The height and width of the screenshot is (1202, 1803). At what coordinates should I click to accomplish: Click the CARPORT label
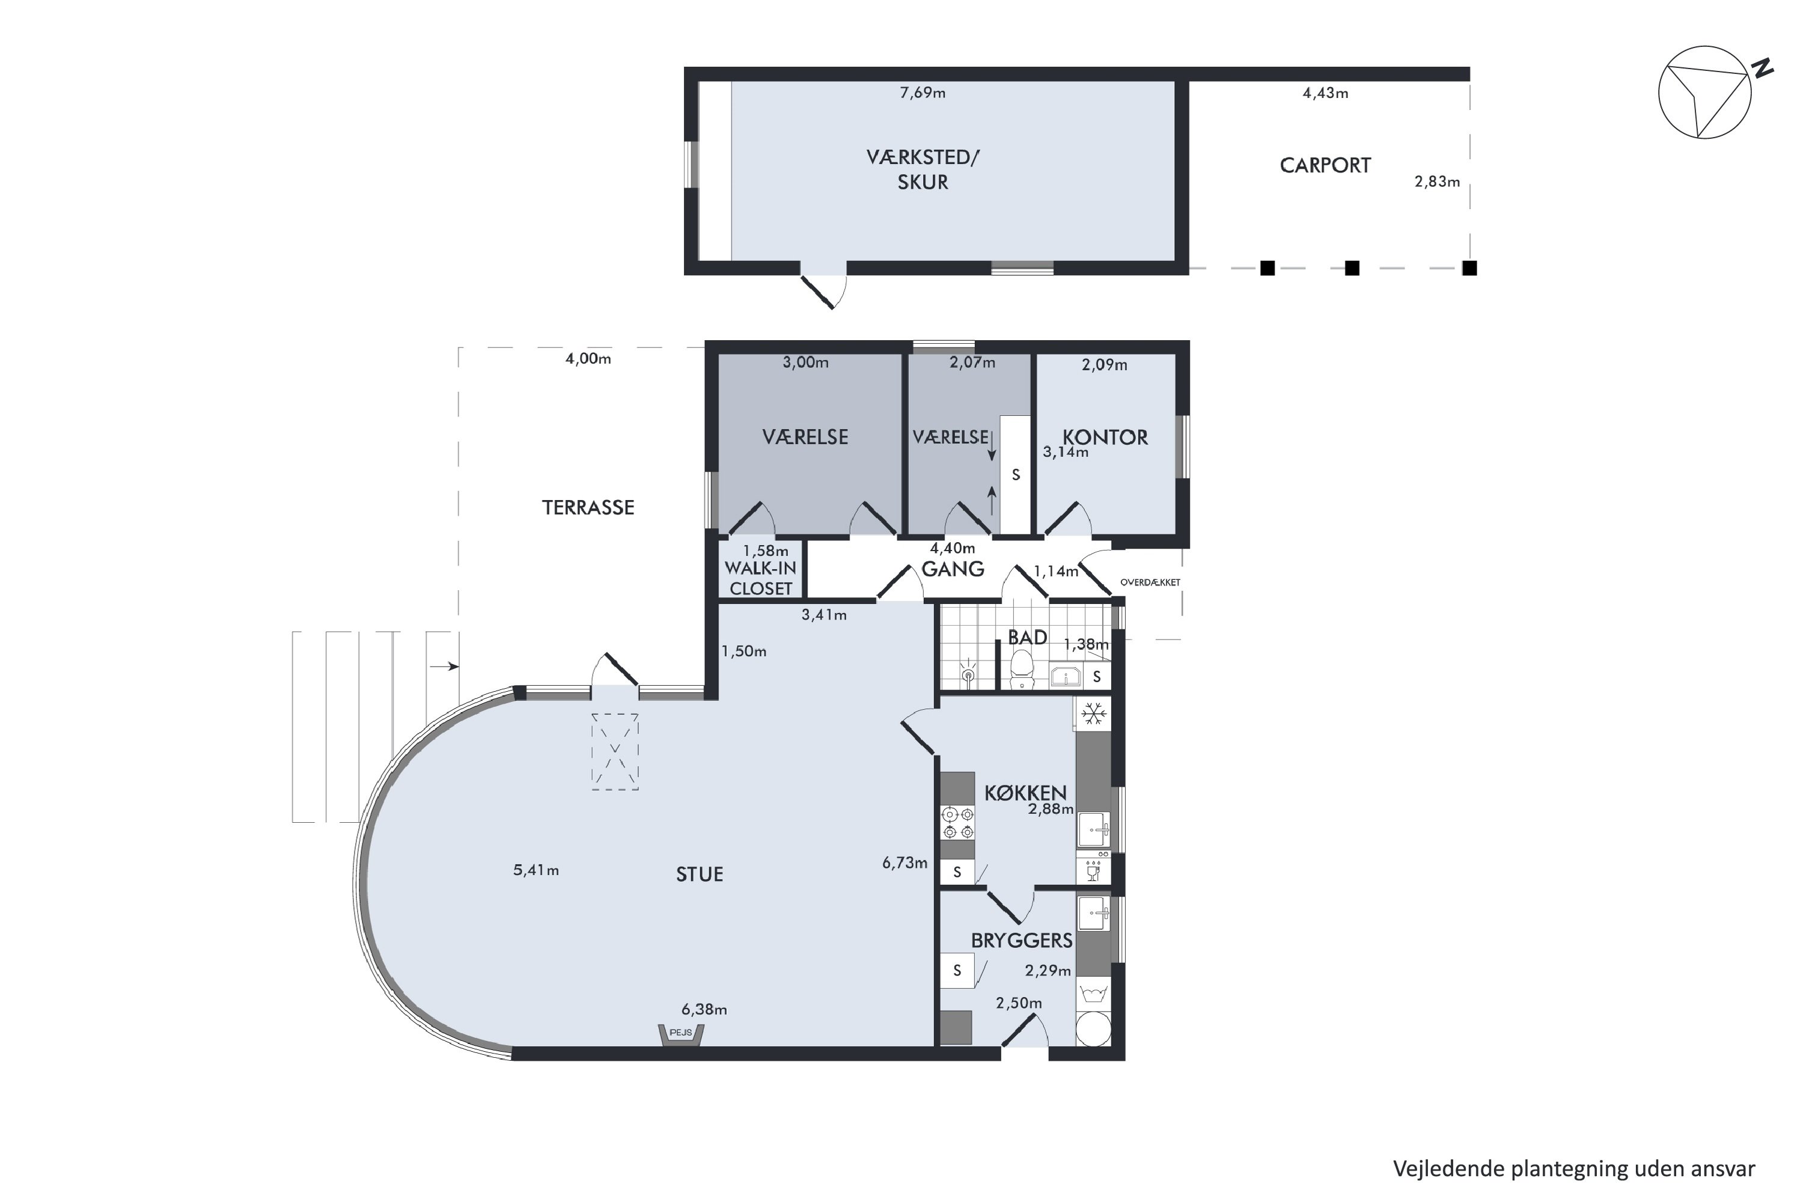(1325, 166)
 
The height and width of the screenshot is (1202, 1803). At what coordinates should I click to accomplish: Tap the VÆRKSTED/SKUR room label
(923, 169)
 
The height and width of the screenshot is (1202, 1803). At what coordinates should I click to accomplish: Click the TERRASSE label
(588, 507)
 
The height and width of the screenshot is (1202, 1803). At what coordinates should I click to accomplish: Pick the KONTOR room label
(1105, 438)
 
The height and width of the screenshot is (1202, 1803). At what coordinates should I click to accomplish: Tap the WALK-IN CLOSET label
(760, 578)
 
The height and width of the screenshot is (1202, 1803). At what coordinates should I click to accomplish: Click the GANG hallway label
(953, 569)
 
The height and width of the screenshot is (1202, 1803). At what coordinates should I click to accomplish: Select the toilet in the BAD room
(1022, 670)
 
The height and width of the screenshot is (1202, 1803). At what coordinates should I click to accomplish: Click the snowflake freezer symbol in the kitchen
(1093, 714)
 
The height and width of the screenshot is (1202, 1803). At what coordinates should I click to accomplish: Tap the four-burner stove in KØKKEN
(957, 822)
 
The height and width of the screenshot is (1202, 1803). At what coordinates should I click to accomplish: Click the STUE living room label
(699, 874)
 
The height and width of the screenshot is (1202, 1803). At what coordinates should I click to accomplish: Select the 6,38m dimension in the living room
(704, 1010)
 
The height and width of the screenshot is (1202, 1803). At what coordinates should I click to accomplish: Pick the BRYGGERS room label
(1021, 941)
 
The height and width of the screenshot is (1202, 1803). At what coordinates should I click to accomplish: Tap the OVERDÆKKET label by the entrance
(1150, 582)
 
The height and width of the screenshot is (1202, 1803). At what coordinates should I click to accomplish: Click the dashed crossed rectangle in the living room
(615, 751)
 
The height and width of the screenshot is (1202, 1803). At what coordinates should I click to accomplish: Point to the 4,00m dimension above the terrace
(588, 359)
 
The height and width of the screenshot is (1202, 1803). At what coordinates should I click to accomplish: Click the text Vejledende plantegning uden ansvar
(1574, 1168)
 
